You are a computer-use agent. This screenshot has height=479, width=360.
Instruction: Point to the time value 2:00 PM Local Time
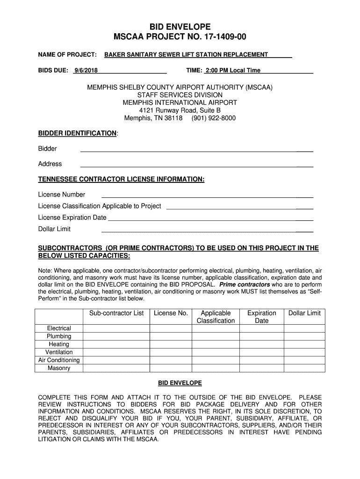coord(232,70)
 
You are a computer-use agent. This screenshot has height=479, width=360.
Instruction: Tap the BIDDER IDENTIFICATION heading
coord(77,133)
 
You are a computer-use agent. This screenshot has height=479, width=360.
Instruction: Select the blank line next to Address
coord(196,166)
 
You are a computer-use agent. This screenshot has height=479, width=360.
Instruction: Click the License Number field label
coord(62,195)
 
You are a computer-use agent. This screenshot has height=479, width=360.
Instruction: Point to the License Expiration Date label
coord(72,218)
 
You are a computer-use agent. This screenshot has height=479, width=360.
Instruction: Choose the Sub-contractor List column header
coord(116,313)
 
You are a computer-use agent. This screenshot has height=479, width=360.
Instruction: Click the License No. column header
coord(171,313)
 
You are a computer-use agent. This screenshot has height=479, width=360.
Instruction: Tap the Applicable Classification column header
coord(216,317)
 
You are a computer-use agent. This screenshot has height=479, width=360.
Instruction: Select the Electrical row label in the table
coord(59,328)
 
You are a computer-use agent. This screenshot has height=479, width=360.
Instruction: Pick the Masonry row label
coord(59,368)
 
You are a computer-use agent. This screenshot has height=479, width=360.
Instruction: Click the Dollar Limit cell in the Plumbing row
coord(304,336)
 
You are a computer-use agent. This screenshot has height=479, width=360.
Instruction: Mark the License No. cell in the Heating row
coord(171,344)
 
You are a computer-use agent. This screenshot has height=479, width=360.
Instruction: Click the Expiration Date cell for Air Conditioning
coord(261,360)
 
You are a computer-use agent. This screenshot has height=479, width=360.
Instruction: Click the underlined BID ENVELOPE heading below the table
coord(180,383)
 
